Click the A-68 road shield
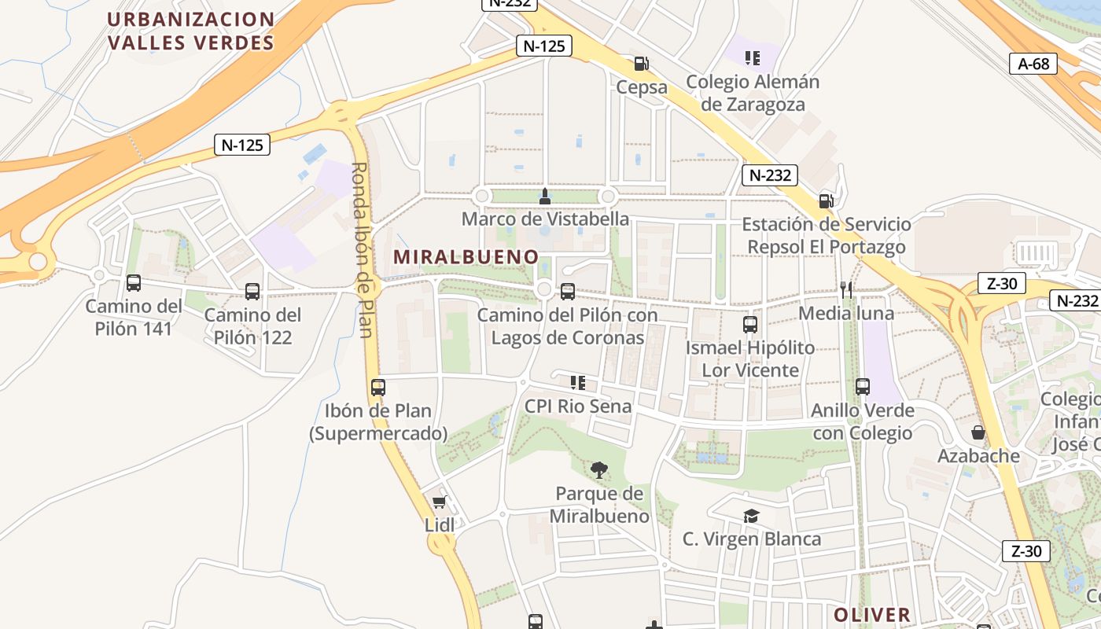pos(1033,64)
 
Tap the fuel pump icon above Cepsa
pos(642,64)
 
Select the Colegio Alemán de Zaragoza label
pos(753,93)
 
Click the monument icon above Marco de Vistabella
pos(544,195)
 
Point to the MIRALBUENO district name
pos(466,257)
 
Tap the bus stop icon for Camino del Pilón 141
pos(134,283)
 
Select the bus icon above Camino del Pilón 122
pos(252,292)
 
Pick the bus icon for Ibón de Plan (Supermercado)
pos(378,388)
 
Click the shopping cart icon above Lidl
pos(440,502)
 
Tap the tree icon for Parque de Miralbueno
pos(599,470)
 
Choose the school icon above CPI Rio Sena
pos(578,383)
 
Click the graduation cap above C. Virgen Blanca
pos(752,516)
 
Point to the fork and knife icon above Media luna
pos(846,290)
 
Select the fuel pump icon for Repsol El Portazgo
pos(826,200)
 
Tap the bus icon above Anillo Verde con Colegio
pos(863,387)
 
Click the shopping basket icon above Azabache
pos(978,432)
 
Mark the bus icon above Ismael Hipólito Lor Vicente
pos(750,324)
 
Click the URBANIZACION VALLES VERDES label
pos(191,31)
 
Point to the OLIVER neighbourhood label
pos(872,615)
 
